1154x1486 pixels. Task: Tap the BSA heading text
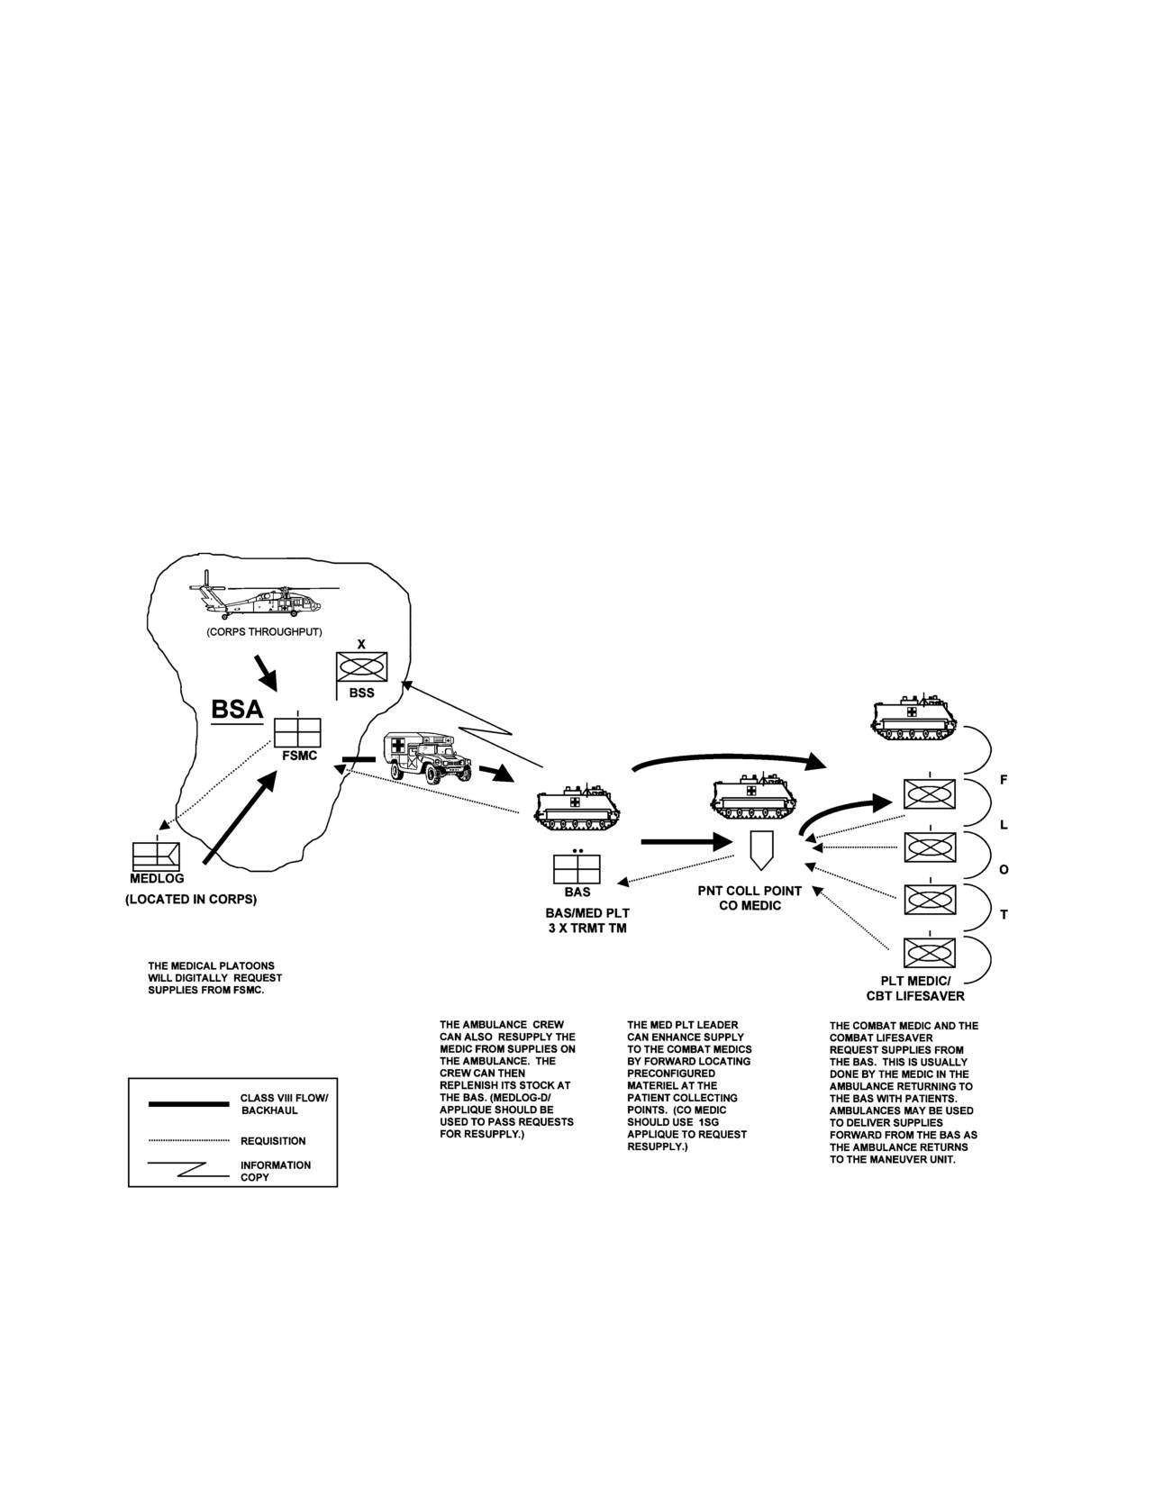point(237,709)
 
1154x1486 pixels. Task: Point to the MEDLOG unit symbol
point(156,856)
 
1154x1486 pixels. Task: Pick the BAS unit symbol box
point(577,870)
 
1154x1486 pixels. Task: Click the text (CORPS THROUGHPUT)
point(264,632)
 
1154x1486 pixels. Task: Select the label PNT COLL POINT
point(750,891)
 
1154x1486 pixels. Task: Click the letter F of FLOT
point(1004,780)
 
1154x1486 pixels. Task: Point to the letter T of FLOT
point(1004,914)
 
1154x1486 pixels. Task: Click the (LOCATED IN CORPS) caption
point(191,900)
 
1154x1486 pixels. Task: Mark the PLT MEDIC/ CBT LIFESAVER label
point(915,988)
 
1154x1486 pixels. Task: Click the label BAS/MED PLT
point(587,913)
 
